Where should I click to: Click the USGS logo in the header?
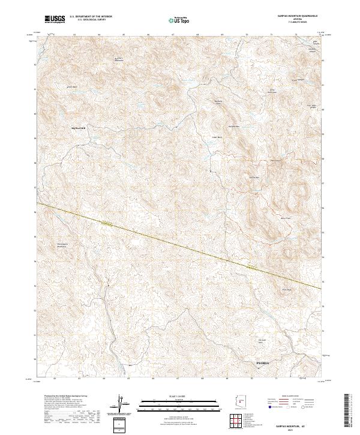[55, 20]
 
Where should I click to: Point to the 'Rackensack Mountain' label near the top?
[119, 59]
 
